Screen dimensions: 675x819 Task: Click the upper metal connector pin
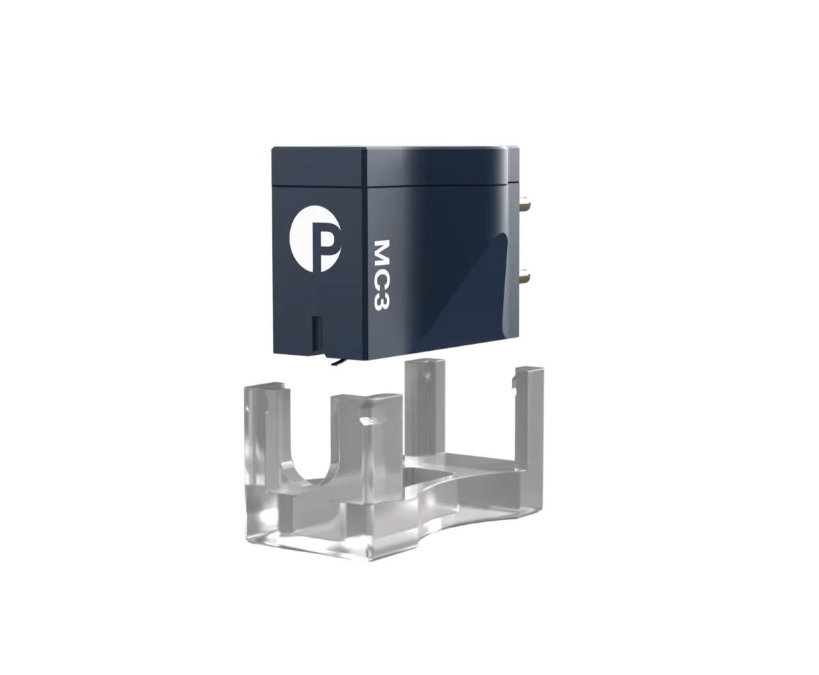[x=525, y=203]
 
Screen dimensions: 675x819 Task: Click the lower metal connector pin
[x=525, y=276]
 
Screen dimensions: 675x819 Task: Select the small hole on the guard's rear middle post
[x=426, y=375]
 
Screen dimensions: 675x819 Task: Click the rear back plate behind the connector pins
[x=513, y=239]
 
